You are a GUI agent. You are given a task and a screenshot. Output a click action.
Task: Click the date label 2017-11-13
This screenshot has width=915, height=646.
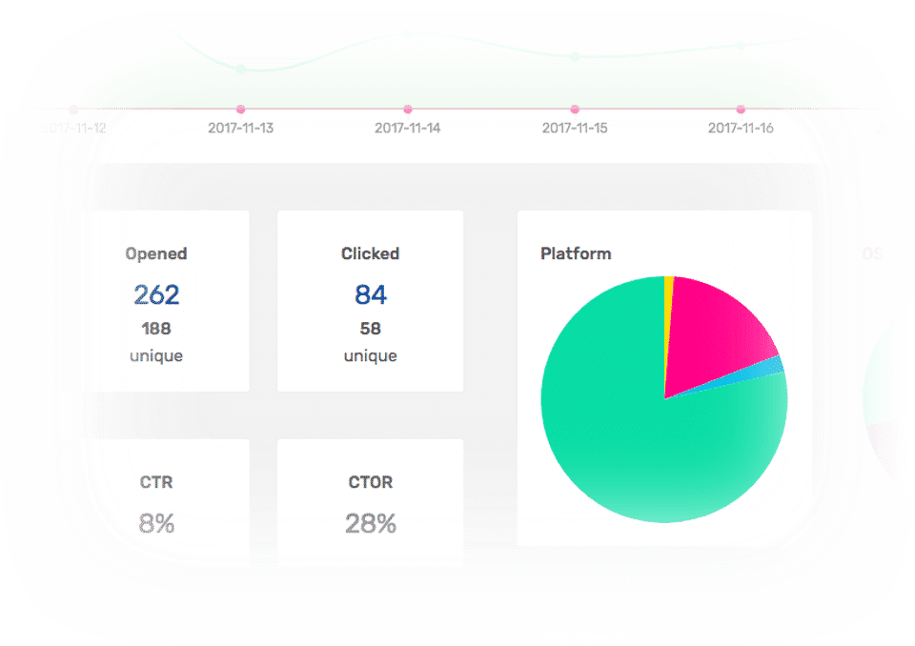(240, 128)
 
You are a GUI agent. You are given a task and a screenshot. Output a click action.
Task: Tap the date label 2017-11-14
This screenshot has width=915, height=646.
(407, 128)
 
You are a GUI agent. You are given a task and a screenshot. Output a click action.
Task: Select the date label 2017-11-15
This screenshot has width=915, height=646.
(574, 128)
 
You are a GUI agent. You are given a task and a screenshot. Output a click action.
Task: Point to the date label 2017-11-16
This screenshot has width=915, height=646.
(741, 128)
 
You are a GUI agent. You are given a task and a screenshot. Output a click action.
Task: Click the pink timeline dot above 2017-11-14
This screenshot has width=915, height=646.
(407, 110)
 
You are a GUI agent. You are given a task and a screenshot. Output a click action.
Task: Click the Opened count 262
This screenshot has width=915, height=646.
(156, 295)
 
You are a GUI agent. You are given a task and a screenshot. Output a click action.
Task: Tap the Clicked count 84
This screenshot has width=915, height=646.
(370, 295)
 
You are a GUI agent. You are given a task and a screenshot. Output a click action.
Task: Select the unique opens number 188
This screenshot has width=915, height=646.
(156, 329)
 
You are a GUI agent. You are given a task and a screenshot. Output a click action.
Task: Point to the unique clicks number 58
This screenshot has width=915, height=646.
(370, 329)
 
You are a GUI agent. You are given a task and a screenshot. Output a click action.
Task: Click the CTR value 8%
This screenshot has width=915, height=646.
(156, 523)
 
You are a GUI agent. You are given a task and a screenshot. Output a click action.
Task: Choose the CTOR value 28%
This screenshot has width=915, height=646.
(370, 523)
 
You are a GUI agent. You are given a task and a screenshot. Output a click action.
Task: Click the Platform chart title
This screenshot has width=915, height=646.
(576, 253)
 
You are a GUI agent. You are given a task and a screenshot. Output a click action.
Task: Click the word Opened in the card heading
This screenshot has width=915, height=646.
(156, 253)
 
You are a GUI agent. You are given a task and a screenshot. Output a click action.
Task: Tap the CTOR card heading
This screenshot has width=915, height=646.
(370, 482)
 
